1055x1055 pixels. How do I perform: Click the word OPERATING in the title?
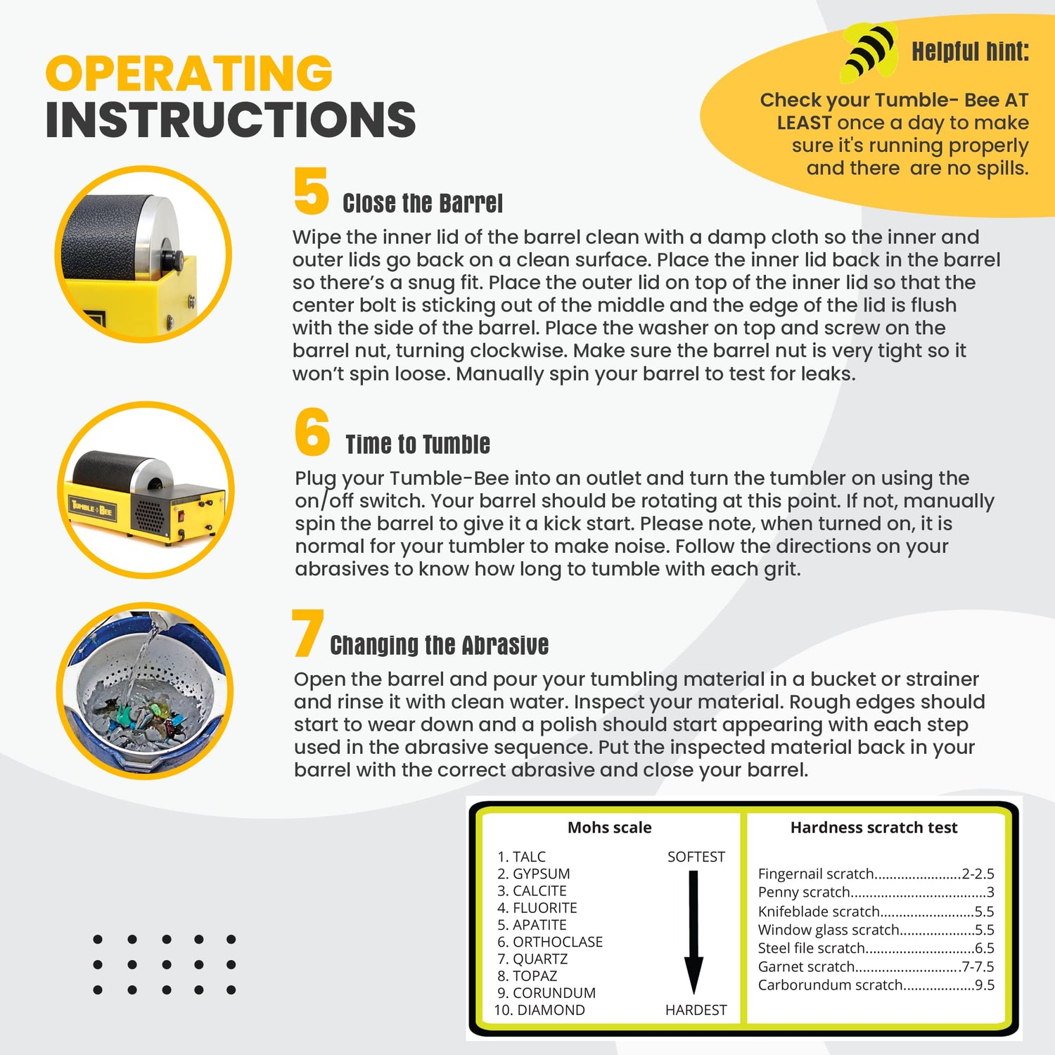(x=188, y=73)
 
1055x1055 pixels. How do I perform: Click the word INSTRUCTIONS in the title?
(x=231, y=120)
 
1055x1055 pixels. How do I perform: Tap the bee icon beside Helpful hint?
(x=869, y=51)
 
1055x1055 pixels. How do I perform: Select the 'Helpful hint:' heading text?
(x=970, y=51)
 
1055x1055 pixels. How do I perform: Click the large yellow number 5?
(x=311, y=191)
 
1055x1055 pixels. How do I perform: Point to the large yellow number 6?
(x=312, y=432)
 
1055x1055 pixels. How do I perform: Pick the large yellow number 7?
(x=307, y=634)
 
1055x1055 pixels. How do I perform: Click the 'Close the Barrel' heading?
(x=422, y=204)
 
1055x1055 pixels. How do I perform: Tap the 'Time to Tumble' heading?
(x=418, y=445)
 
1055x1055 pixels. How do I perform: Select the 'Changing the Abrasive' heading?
(x=439, y=645)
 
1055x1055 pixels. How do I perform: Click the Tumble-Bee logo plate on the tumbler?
(x=91, y=509)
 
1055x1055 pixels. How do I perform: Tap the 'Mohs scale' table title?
(x=609, y=828)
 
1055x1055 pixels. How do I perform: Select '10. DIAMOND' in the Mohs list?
(x=539, y=1010)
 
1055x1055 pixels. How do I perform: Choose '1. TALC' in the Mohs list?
(x=521, y=857)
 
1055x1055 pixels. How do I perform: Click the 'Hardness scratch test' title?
(x=874, y=828)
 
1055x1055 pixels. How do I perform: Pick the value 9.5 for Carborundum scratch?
(x=984, y=985)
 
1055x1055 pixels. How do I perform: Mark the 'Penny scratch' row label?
(x=804, y=893)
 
